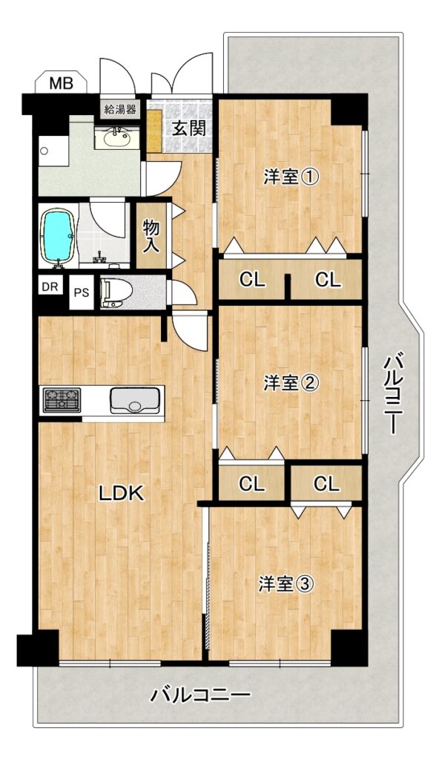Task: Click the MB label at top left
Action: [62, 83]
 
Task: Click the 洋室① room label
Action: [291, 177]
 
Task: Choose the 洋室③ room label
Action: [286, 584]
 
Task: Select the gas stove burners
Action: [62, 400]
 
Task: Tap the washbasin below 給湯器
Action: [116, 137]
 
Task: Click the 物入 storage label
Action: [151, 235]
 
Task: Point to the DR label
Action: [50, 286]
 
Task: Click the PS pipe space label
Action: [81, 292]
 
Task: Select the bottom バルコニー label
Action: [200, 696]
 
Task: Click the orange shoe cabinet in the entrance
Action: [154, 131]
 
